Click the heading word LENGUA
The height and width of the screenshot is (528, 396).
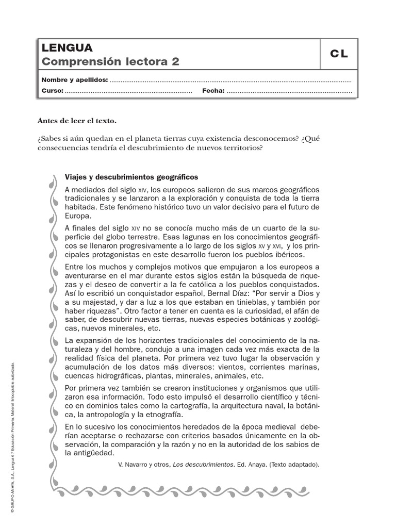tap(67, 48)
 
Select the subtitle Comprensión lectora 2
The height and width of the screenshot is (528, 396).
tap(110, 62)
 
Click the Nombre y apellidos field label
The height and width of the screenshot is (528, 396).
tap(75, 80)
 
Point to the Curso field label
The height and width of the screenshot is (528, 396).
tap(52, 91)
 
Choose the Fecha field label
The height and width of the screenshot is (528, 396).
tap(213, 91)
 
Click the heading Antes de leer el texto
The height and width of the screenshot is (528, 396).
tap(77, 121)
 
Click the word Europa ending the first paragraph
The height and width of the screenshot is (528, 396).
tap(77, 216)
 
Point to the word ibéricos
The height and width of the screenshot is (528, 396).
tap(289, 255)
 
